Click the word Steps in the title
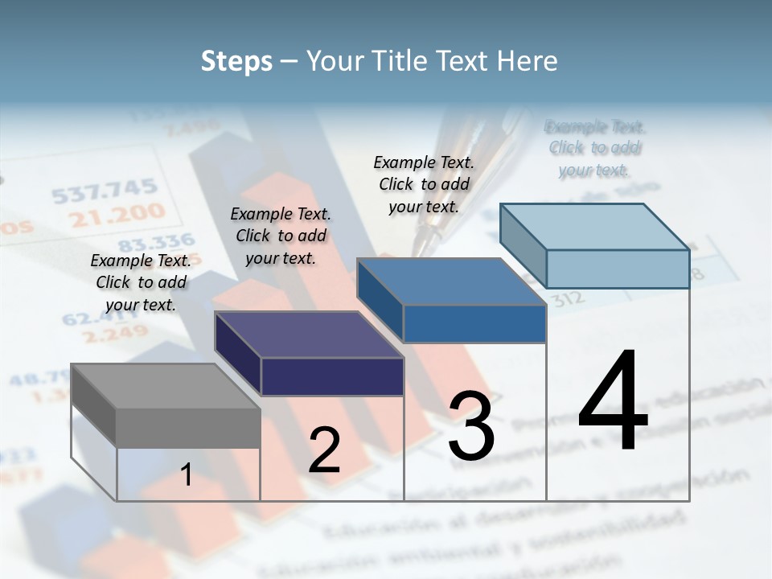click(x=236, y=61)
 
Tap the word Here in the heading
click(x=528, y=61)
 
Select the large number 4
click(x=613, y=402)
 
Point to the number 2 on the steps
click(x=324, y=450)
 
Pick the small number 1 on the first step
click(x=187, y=475)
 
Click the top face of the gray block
click(x=165, y=386)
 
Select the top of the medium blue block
click(x=450, y=281)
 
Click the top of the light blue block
click(x=594, y=227)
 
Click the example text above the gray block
click(x=142, y=282)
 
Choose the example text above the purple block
click(x=281, y=236)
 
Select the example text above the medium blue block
click(x=424, y=184)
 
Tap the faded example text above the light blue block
click(x=595, y=148)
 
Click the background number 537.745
click(x=105, y=191)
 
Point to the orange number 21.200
click(x=117, y=215)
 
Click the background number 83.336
click(x=157, y=241)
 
